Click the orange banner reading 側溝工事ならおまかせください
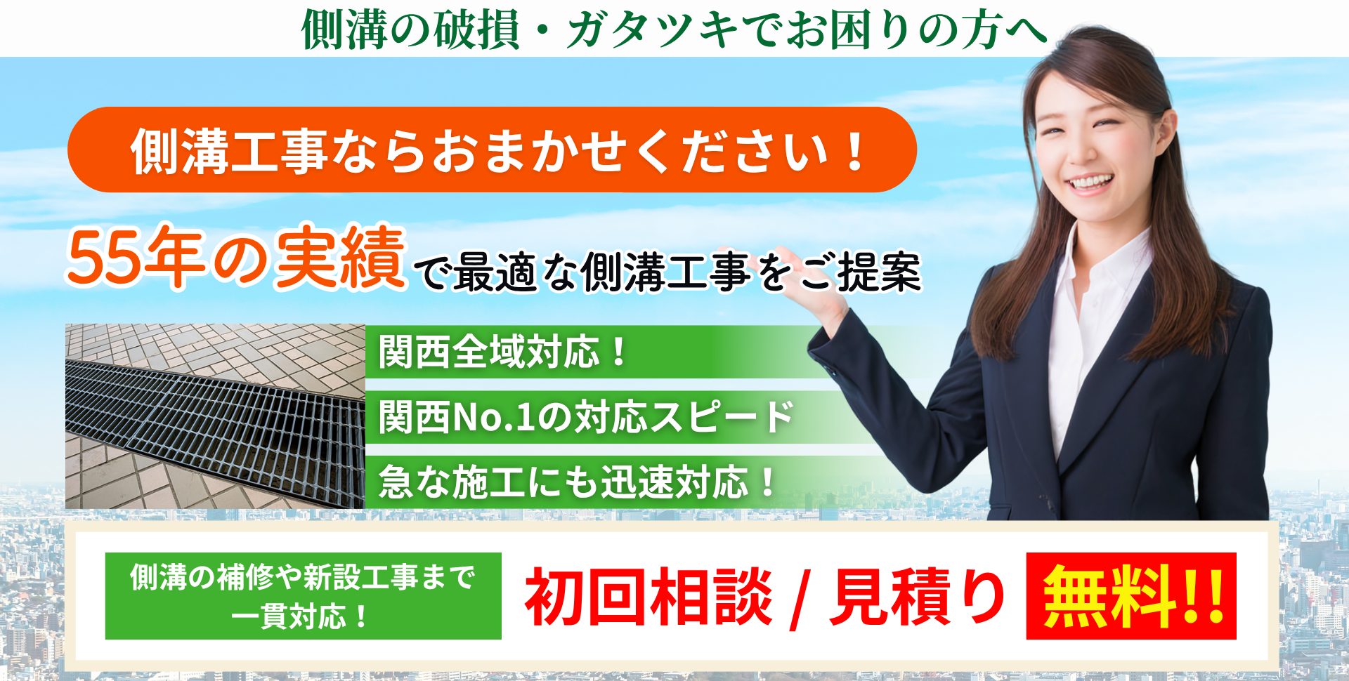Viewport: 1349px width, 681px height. tap(492, 150)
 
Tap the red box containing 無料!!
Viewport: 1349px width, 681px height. tap(1131, 596)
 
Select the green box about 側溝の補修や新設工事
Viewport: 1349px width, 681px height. tap(304, 596)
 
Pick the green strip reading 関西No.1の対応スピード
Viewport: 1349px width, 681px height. tap(597, 416)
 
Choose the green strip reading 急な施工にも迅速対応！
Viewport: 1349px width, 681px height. tap(597, 482)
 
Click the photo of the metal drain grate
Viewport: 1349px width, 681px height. tap(215, 416)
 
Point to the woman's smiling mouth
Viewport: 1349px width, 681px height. tap(1088, 184)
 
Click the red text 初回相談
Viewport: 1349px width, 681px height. tap(649, 597)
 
